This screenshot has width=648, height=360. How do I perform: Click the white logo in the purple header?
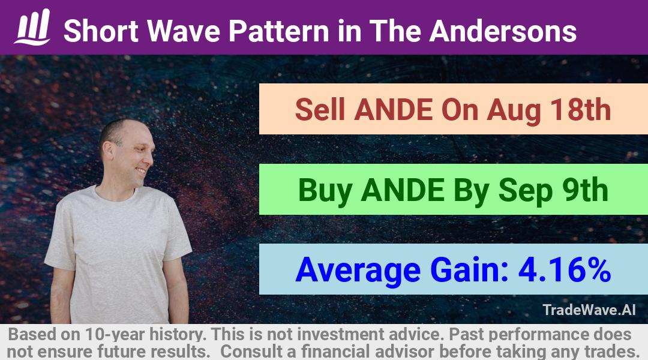tap(32, 27)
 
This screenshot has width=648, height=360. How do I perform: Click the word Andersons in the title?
tap(503, 31)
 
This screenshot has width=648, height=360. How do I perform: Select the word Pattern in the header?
tap(279, 31)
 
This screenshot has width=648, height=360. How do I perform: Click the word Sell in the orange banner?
tap(320, 110)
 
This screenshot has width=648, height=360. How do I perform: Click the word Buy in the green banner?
tap(325, 191)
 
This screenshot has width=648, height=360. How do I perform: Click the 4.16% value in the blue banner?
tap(565, 269)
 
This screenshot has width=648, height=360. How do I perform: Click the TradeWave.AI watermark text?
tap(589, 310)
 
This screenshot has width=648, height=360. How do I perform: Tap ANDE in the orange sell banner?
tap(393, 110)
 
